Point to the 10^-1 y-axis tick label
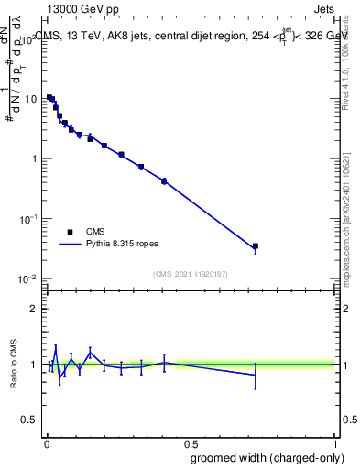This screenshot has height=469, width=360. coord(28,218)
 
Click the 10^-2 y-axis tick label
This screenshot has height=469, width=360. coord(28,278)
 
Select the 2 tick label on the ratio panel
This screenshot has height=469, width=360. coord(35,309)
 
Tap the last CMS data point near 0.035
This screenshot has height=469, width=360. coord(256,246)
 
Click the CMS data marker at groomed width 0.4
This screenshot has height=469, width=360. coord(164,181)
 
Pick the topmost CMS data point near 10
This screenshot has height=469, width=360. coord(49,97)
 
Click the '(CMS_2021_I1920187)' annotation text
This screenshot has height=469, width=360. coord(190,273)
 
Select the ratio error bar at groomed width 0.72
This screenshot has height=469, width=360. coord(256,375)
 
